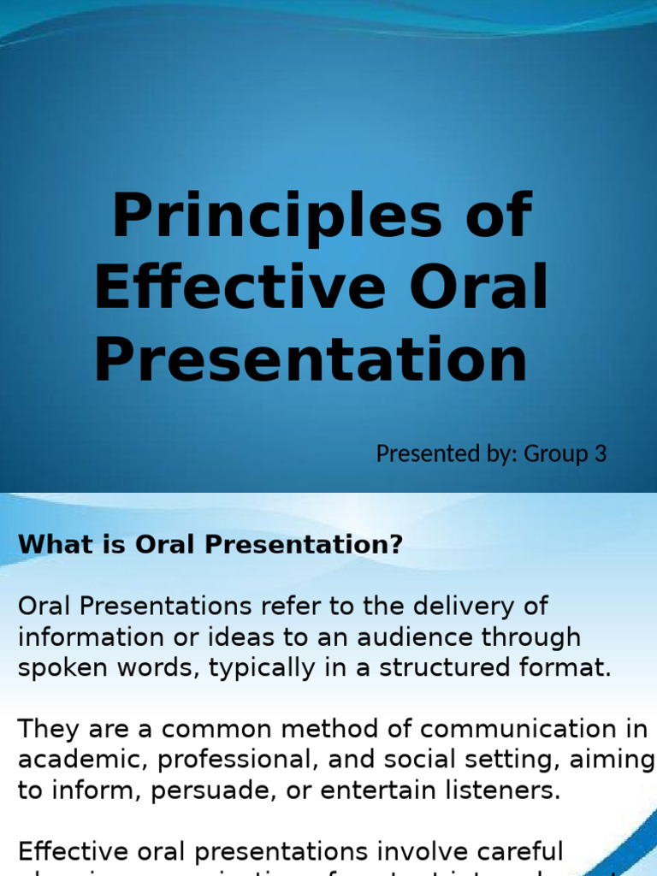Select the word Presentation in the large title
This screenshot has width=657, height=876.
pyautogui.click(x=311, y=360)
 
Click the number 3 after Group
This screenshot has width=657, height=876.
pyautogui.click(x=601, y=453)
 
